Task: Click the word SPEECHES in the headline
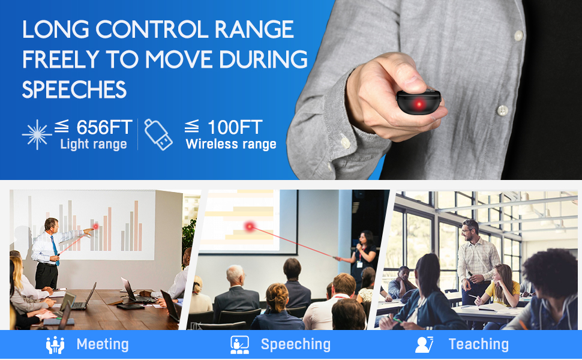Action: [x=74, y=89]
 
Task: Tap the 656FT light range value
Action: [x=104, y=127]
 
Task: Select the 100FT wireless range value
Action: [x=235, y=127]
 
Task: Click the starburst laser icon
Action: [x=37, y=134]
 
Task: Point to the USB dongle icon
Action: [x=160, y=134]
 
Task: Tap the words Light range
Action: [x=93, y=144]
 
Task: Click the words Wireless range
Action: [x=231, y=144]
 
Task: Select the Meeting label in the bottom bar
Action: [x=103, y=344]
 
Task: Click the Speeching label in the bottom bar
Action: [x=295, y=344]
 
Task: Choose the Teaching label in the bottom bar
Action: [x=478, y=344]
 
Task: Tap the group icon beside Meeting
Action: [x=55, y=345]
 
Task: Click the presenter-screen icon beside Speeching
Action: [x=239, y=345]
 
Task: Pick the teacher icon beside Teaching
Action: [x=424, y=345]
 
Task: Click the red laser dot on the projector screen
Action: [x=250, y=226]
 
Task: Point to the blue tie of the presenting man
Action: [x=55, y=247]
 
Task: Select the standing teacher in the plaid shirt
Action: [x=477, y=258]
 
